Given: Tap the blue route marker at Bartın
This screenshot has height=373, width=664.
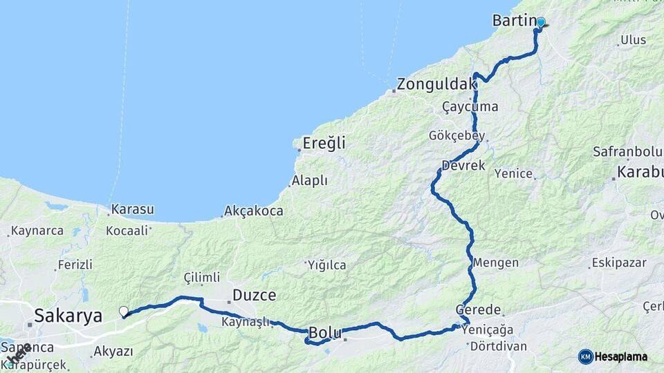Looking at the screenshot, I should tap(540, 23).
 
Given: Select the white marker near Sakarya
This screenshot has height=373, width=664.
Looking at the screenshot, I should tap(123, 312).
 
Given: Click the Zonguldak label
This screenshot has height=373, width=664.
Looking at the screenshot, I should tap(436, 86).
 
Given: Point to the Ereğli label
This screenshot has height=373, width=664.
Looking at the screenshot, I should tap(324, 144).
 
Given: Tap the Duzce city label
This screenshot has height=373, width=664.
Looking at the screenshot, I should tap(255, 295).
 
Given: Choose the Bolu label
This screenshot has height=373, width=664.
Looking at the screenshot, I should tap(325, 332).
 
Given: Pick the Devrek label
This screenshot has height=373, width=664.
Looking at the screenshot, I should tap(463, 166).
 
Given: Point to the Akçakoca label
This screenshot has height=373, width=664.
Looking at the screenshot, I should tap(254, 211).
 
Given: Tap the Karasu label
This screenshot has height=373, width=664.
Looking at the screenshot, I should tap(132, 209).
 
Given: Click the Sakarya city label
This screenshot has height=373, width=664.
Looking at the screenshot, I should tap(68, 316).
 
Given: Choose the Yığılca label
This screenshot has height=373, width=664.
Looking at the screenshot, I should tap(326, 264).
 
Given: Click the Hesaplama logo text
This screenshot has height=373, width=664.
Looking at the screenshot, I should tap(622, 356).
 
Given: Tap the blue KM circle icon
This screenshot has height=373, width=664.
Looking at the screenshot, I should tap(585, 356).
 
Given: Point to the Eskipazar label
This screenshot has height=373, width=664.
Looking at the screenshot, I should tap(618, 263).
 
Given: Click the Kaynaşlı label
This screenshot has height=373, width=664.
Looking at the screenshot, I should tap(245, 323).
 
